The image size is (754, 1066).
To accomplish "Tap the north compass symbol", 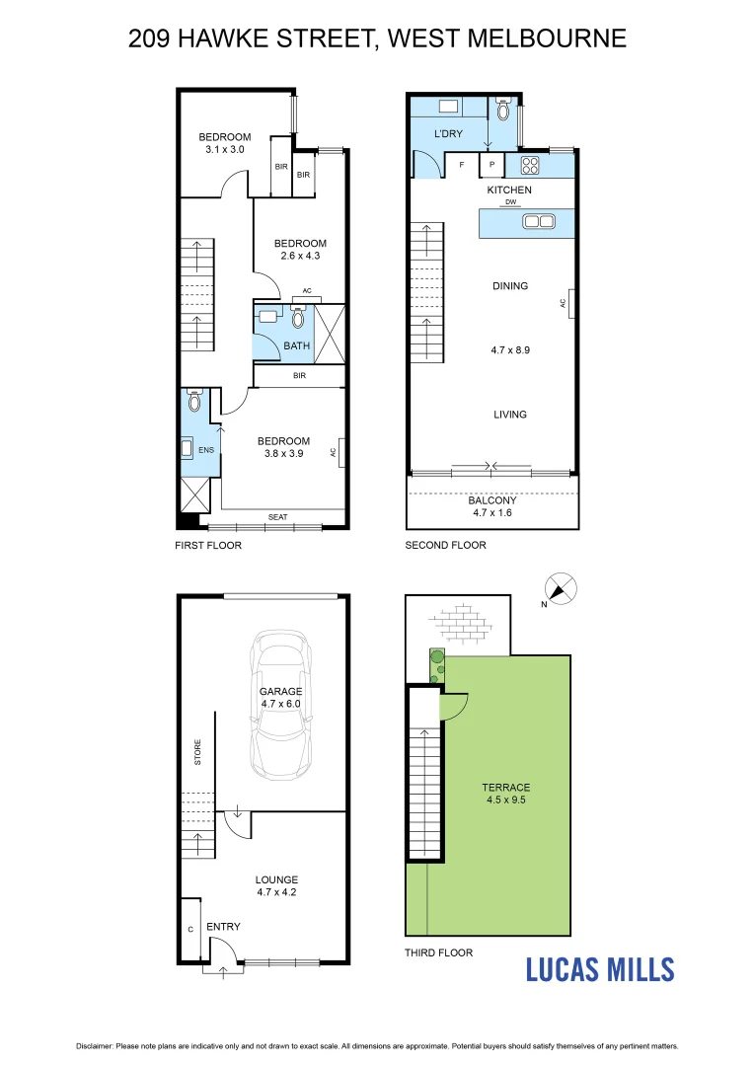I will click(560, 589).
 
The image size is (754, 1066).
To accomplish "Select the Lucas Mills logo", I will click(599, 969).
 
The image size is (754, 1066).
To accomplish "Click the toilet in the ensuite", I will click(194, 401).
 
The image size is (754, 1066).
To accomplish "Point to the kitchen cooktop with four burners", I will click(529, 165).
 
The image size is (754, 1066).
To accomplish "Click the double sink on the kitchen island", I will click(539, 221).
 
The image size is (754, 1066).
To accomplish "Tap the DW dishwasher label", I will click(509, 202).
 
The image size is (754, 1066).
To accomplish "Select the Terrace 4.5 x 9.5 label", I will click(505, 794).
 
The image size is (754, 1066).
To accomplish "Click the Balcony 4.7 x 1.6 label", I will click(491, 506).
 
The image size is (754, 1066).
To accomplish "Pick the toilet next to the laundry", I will click(504, 110).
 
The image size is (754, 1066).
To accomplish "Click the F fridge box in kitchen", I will click(461, 166).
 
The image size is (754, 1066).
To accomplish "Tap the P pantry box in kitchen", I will click(491, 166).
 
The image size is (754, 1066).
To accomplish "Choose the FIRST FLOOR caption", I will click(208, 545).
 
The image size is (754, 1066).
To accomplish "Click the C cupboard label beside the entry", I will click(189, 928).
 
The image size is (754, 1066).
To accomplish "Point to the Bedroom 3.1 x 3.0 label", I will click(224, 143).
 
